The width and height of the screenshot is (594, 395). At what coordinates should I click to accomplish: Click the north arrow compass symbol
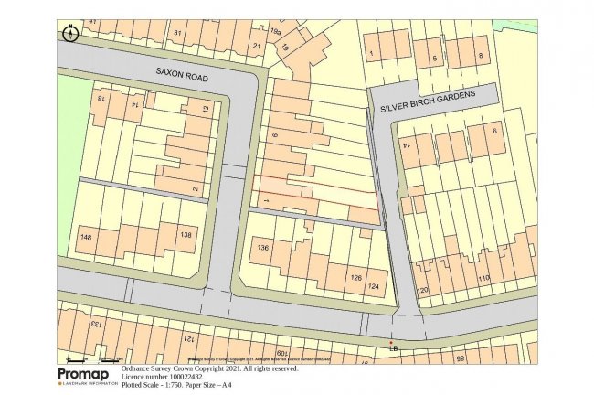click(69, 34)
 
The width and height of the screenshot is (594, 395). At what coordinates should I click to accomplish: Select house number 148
click(85, 236)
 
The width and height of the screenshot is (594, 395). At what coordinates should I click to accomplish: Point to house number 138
click(186, 235)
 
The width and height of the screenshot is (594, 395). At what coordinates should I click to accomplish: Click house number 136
click(264, 248)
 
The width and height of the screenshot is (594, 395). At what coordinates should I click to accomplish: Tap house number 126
click(356, 275)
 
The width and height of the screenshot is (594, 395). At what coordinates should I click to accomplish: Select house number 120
click(422, 291)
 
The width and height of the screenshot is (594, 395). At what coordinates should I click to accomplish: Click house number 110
click(484, 278)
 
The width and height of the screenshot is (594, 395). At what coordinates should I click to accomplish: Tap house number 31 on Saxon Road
click(179, 34)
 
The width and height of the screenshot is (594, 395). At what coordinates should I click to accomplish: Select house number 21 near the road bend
click(257, 45)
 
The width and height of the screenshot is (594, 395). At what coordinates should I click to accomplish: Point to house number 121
click(185, 338)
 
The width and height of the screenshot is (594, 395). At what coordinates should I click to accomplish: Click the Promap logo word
click(86, 374)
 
